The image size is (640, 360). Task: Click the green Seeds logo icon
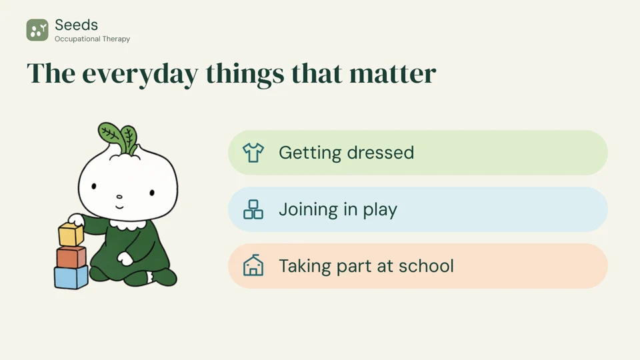click(x=37, y=30)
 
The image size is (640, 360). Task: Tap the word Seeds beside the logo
click(x=76, y=25)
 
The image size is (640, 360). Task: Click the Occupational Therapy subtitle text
click(x=92, y=39)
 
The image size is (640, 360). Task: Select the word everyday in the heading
click(x=140, y=74)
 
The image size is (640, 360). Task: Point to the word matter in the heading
click(x=393, y=73)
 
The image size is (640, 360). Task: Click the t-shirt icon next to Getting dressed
click(x=253, y=153)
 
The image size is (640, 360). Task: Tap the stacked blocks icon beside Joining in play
click(x=253, y=209)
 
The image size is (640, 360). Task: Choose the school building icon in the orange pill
click(x=253, y=266)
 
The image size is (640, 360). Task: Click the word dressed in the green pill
click(x=381, y=153)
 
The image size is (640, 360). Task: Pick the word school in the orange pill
click(x=426, y=266)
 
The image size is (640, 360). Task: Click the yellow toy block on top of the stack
click(x=71, y=234)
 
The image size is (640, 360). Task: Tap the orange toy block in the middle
click(x=71, y=257)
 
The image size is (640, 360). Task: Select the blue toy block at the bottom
click(x=71, y=277)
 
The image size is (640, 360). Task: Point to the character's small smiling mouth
click(x=119, y=207)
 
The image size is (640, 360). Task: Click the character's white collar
click(x=127, y=225)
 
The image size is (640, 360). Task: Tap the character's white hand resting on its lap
click(x=125, y=259)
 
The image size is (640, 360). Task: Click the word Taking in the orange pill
click(x=305, y=267)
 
